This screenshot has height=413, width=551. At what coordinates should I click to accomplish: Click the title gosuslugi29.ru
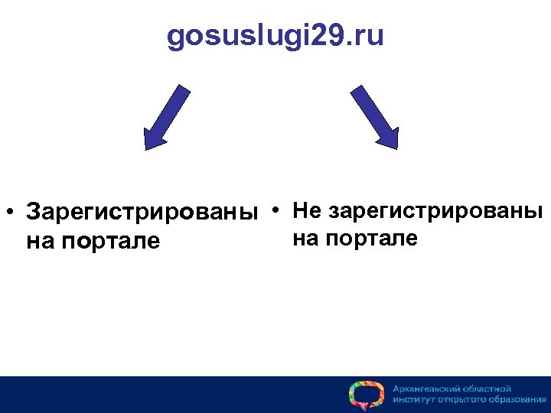(x=275, y=37)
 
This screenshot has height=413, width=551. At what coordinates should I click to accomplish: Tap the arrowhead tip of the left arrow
(x=145, y=148)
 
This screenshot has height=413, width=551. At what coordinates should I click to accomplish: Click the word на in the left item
(x=41, y=242)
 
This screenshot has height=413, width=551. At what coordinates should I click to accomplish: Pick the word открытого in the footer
(x=461, y=400)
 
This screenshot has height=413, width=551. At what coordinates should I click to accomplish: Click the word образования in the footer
(x=516, y=400)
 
